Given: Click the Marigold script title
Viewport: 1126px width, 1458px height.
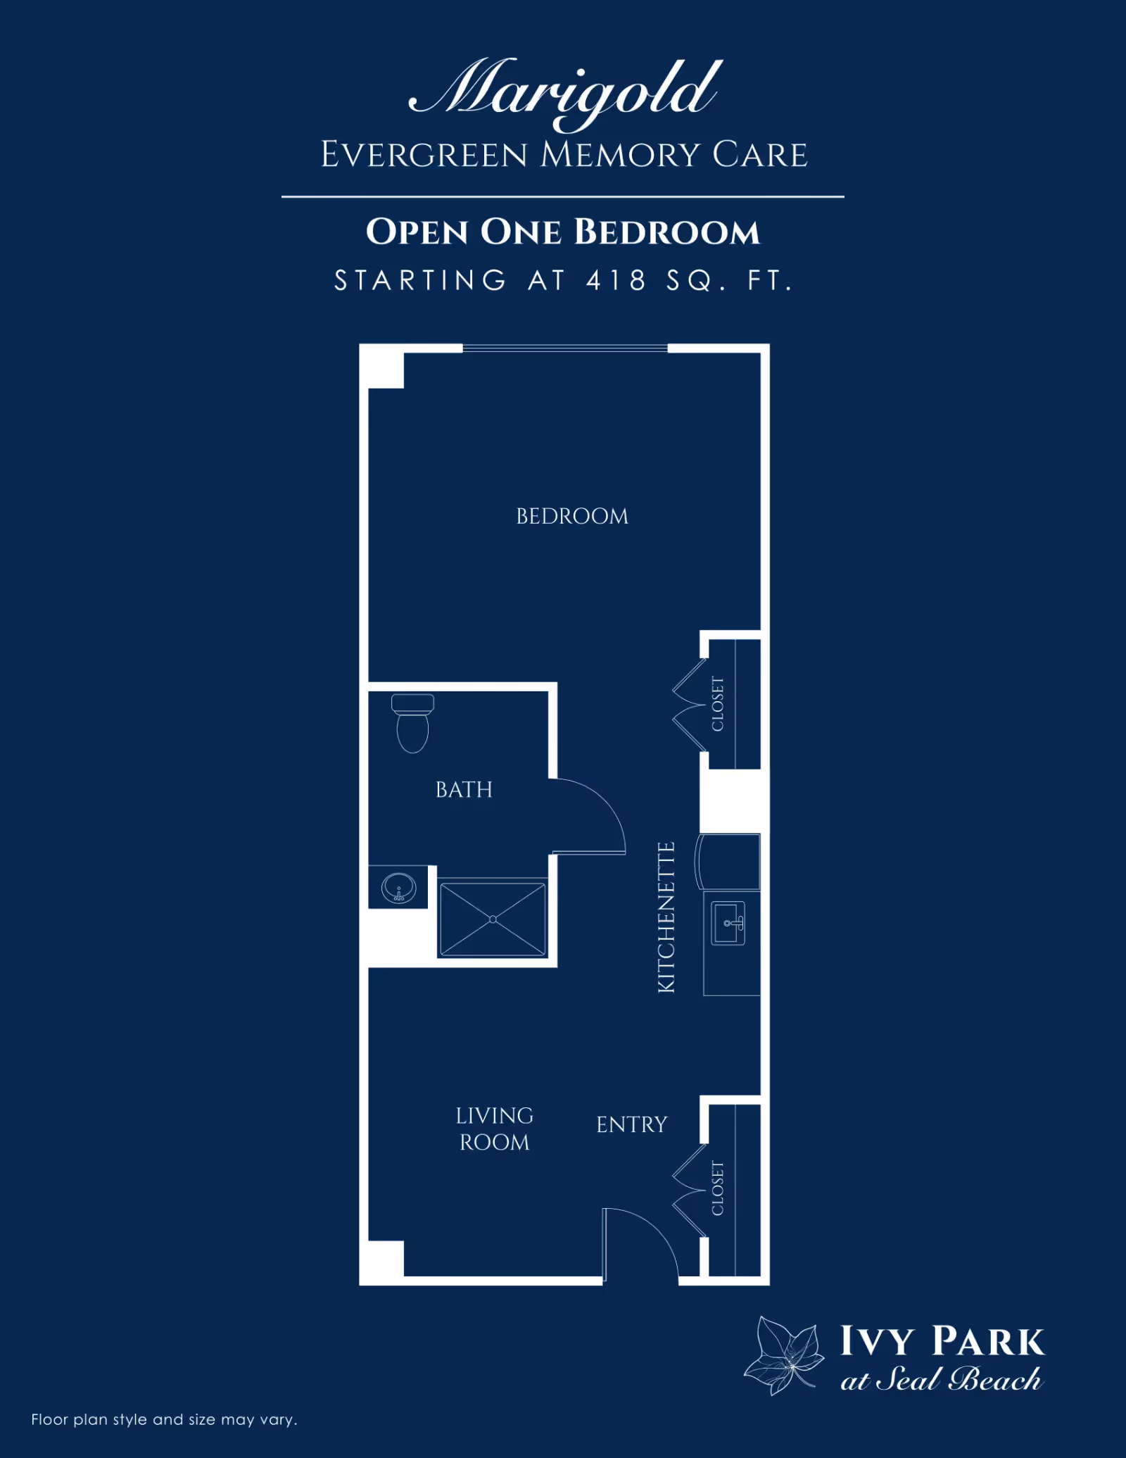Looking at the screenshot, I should [565, 92].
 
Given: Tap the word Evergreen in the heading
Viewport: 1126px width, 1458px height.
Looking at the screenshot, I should [424, 155].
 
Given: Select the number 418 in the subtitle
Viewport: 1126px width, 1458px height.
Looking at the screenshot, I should [616, 280].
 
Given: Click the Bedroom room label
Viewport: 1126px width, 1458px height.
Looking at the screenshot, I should [572, 516].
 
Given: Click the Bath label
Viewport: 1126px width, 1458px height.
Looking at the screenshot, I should [464, 790].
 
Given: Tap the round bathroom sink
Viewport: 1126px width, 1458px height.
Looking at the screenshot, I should [398, 887].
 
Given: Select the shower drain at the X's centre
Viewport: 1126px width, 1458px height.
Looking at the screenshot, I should [493, 919].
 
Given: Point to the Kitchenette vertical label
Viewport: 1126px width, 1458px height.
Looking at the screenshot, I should [666, 917].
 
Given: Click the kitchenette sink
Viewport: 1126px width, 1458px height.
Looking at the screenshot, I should [728, 923].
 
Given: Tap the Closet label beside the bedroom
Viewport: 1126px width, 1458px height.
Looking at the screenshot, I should [718, 703].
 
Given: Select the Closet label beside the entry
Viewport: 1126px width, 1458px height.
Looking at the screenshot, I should [718, 1188].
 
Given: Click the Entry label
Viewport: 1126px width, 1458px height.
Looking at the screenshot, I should [631, 1125].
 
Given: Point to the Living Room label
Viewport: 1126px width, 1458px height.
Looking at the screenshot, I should [494, 1129].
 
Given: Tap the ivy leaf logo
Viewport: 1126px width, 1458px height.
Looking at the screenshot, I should [785, 1355].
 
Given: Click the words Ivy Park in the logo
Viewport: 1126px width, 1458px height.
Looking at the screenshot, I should [942, 1341].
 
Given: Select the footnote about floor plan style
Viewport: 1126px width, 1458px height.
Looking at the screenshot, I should [164, 1419].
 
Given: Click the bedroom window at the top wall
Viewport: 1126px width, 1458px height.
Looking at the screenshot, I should [564, 348].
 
